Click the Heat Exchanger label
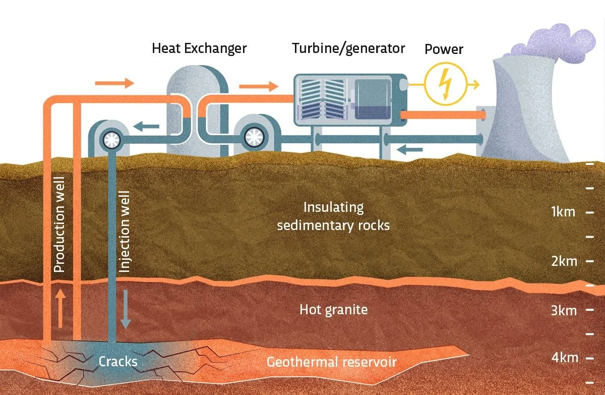pos(200,48)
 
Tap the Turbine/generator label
pos(348,48)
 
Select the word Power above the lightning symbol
pos(444,49)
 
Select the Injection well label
pos(125,232)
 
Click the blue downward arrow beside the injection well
pos(125,309)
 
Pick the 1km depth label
pos(563,212)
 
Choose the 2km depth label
pos(563,262)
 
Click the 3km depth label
pos(563,310)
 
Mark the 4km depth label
pos(564,358)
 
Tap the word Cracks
pos(118,362)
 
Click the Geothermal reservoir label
pos(331,362)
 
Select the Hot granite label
pos(333,309)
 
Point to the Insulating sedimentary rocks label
pos(333,216)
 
